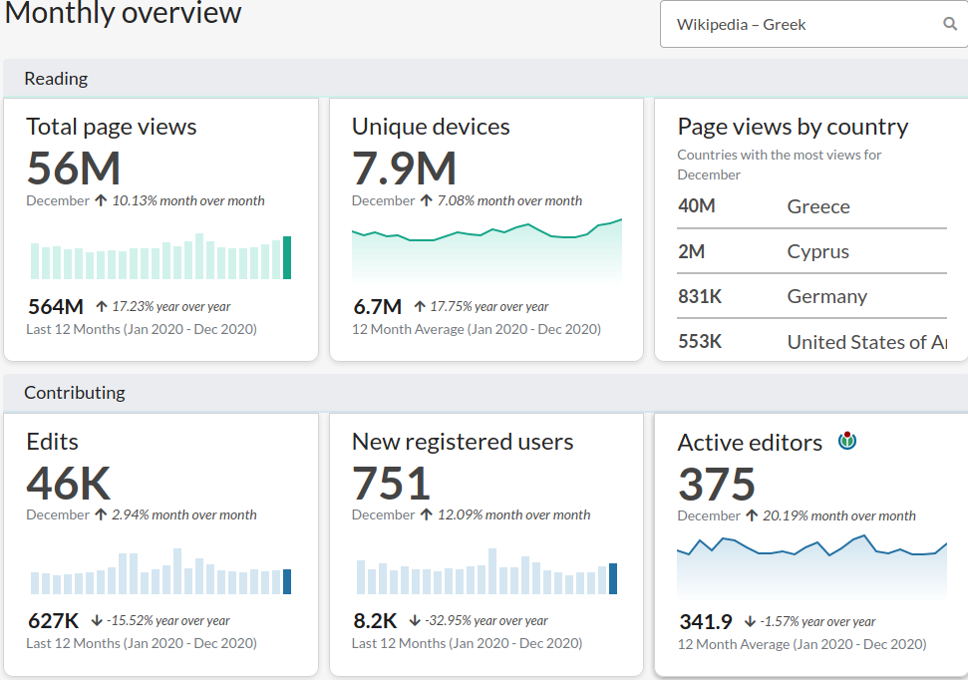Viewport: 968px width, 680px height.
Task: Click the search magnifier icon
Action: pos(950,24)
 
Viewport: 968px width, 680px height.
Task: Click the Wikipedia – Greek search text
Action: pos(741,25)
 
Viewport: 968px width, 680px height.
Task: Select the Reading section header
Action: pos(56,79)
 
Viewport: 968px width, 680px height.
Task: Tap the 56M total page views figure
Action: pos(74,168)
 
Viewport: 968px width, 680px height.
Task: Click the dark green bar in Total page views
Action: pos(287,257)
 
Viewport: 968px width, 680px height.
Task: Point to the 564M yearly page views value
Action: pos(56,306)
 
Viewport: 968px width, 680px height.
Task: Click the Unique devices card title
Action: pos(431,127)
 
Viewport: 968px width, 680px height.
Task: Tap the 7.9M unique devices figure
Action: pos(404,168)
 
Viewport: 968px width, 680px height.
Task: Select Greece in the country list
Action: pos(818,206)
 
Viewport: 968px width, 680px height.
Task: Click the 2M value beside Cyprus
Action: pos(692,251)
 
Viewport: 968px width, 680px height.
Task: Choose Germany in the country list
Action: pos(827,296)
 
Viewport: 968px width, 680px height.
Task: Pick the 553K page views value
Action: pos(700,342)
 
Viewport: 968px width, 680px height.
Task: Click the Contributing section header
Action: pos(74,393)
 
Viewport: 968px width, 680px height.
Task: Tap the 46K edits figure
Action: pos(69,483)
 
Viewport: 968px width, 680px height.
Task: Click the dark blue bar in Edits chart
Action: pos(287,582)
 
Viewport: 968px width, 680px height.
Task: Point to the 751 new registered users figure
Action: pos(391,483)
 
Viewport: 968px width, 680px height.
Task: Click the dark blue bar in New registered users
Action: pos(613,578)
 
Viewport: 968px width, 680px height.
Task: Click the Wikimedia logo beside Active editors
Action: pos(847,441)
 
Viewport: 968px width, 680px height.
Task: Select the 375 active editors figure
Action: pos(716,484)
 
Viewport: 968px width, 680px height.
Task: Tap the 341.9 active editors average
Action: pos(706,621)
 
